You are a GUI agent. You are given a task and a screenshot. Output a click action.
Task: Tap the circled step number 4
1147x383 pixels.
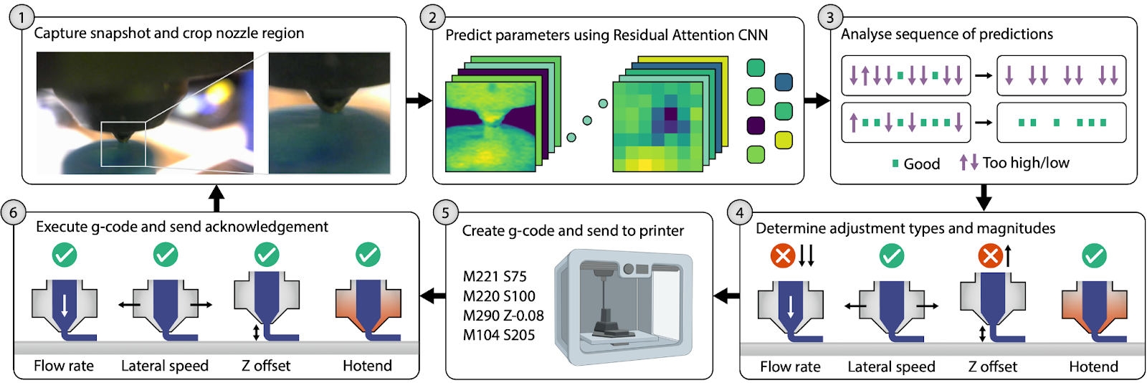(x=739, y=213)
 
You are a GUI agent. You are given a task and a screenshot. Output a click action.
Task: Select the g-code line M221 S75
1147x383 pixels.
(x=495, y=277)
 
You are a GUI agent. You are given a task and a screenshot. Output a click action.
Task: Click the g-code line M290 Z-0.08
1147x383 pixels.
(x=503, y=316)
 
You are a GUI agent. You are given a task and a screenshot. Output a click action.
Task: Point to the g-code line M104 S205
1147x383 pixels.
(x=499, y=335)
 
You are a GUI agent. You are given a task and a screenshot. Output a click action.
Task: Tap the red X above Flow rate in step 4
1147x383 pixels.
(x=782, y=255)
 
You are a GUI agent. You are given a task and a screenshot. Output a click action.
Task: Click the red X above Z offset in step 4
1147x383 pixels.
(x=990, y=255)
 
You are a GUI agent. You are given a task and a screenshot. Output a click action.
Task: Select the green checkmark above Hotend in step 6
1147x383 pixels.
(x=368, y=255)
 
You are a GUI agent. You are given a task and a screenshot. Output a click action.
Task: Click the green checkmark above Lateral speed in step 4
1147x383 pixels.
(x=891, y=255)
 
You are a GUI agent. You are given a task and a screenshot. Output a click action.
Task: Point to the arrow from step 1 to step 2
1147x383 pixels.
(x=419, y=100)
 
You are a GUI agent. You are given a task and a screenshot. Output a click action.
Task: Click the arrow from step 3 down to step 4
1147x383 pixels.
(x=984, y=197)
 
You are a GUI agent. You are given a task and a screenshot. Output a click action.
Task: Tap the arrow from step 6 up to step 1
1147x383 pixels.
(x=216, y=197)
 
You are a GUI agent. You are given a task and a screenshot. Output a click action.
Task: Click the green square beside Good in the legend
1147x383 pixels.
(x=895, y=164)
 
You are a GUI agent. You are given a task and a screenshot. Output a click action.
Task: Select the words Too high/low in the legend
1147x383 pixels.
(x=1026, y=163)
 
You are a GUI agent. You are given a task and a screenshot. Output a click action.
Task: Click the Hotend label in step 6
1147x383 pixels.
(x=367, y=366)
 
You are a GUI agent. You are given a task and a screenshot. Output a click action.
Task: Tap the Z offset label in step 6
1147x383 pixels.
(x=266, y=366)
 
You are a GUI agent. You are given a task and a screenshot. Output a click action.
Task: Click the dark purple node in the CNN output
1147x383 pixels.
(x=756, y=126)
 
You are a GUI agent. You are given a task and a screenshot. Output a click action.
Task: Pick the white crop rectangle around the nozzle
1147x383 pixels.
(x=123, y=143)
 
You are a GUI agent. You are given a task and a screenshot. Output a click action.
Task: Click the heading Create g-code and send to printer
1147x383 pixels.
(x=572, y=231)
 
